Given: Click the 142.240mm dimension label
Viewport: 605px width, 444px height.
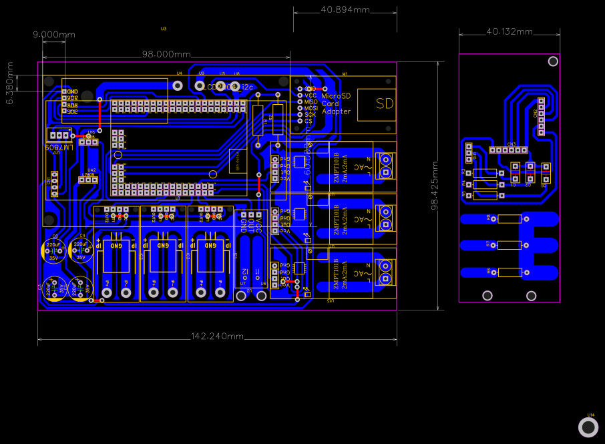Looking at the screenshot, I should click(x=218, y=336).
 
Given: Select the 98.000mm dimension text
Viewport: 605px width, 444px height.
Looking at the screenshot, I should click(x=166, y=54).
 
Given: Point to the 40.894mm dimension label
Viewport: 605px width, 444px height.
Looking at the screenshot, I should click(x=345, y=10).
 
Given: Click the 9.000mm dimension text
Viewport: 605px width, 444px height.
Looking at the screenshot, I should click(x=54, y=34).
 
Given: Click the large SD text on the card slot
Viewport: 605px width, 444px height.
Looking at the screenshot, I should click(x=385, y=103).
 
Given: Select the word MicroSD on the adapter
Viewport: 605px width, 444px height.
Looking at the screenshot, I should click(x=336, y=95).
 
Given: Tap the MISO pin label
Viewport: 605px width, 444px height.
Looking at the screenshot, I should click(x=311, y=101).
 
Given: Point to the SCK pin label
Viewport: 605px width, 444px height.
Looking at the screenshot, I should click(x=310, y=114).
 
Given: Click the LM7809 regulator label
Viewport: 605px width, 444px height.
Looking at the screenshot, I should click(x=59, y=146).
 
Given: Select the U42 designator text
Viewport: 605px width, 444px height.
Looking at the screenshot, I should click(x=91, y=170).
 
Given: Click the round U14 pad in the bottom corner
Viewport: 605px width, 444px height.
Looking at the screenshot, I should click(x=588, y=427).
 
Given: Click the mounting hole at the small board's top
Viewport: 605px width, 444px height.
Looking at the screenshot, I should click(x=553, y=61).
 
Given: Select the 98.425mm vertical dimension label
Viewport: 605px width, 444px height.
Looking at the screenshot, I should click(x=434, y=186).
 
